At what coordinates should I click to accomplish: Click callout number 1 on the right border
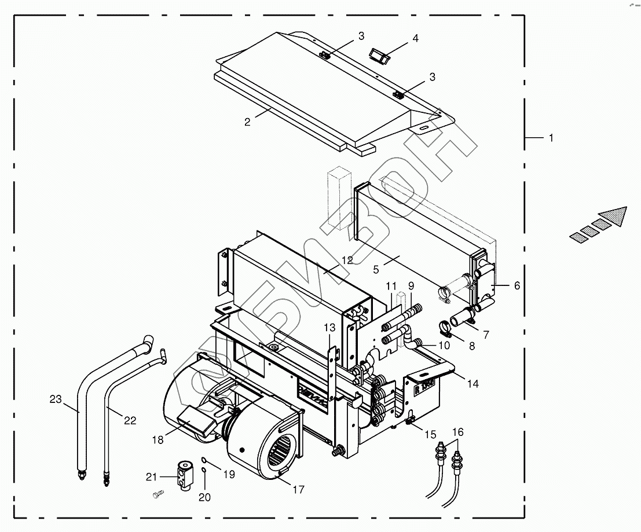coord(551,138)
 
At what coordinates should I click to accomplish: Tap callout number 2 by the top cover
coord(247,122)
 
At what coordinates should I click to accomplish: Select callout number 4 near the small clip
coord(415,39)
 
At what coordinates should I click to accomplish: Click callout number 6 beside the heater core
coord(517,285)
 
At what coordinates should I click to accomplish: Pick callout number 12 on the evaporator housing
coord(347,261)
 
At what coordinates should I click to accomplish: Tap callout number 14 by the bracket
coord(474,383)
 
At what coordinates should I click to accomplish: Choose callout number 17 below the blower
coord(298,490)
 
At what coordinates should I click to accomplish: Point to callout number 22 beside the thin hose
coord(130,420)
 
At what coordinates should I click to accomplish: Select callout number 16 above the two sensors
coord(458,432)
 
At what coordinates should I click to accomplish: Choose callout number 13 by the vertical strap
coord(329,328)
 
